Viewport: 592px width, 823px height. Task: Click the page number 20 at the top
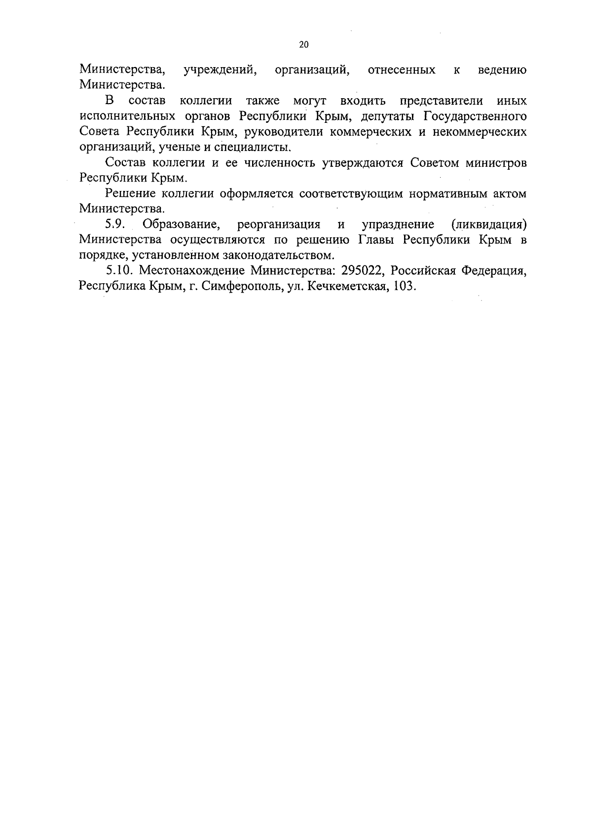point(303,45)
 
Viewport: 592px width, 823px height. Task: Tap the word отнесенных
point(402,70)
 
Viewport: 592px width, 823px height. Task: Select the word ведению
point(502,70)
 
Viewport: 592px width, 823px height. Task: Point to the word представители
point(442,101)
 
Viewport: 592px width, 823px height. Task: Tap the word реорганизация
point(279,225)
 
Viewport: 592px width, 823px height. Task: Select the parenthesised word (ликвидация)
point(488,225)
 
